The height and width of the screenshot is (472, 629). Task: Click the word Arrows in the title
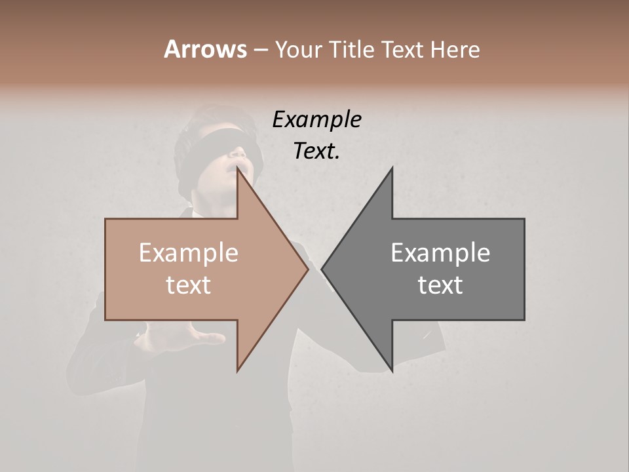tap(206, 49)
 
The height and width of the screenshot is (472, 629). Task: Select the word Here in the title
tap(455, 49)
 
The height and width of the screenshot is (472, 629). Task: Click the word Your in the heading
tap(298, 49)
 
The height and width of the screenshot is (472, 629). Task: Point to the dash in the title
tap(260, 50)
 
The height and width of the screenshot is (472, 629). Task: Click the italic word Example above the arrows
tap(316, 119)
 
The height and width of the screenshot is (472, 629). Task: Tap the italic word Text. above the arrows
tap(316, 151)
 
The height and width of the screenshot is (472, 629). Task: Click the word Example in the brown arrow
tap(188, 253)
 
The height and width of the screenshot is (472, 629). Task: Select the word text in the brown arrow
tap(188, 285)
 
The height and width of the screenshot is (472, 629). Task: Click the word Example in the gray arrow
tap(440, 253)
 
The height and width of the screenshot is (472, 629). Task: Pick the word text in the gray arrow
tap(440, 285)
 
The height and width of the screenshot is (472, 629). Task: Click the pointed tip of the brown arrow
tap(307, 269)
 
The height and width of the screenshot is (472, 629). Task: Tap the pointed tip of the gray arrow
tap(322, 269)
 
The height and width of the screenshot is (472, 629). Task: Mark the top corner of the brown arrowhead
tap(237, 168)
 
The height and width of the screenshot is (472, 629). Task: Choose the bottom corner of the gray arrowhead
tap(392, 371)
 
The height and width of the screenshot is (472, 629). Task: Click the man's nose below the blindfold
tap(241, 155)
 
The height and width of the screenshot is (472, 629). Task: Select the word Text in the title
tap(402, 49)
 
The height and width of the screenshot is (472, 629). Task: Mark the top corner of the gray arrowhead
tap(392, 168)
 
